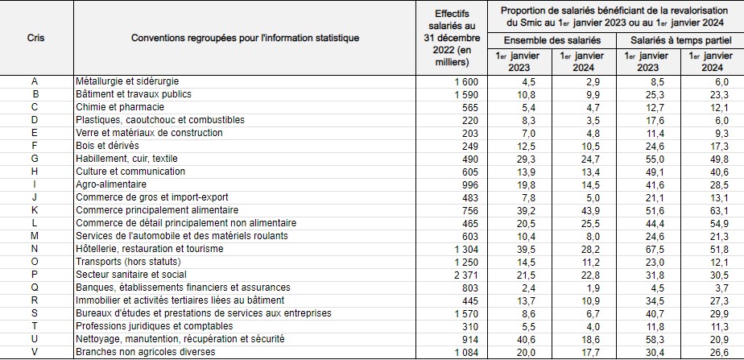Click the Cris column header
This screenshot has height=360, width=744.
click(x=36, y=38)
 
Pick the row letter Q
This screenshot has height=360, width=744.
click(x=35, y=288)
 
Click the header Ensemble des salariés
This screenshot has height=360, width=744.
click(x=552, y=40)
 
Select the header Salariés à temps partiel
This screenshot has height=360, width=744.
click(x=680, y=40)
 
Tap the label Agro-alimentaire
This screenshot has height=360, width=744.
click(x=111, y=184)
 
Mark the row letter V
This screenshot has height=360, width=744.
click(x=35, y=352)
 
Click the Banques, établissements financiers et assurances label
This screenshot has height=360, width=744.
click(x=183, y=288)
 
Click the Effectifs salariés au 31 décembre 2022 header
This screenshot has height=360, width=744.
click(x=452, y=38)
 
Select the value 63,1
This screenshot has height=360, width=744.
click(x=713, y=210)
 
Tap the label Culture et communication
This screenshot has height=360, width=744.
click(x=130, y=172)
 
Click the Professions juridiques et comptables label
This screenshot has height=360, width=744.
click(x=155, y=326)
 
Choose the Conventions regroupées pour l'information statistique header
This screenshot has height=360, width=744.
click(x=245, y=38)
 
